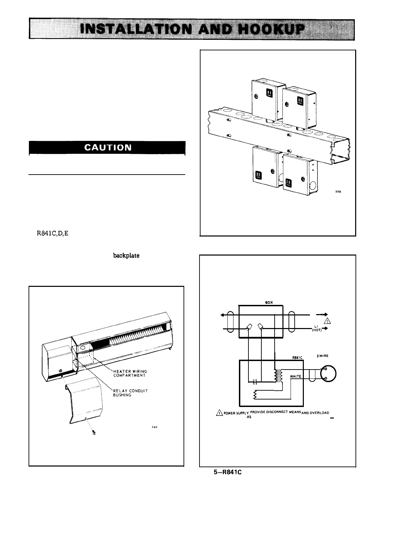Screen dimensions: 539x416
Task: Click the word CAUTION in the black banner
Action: pos(107,148)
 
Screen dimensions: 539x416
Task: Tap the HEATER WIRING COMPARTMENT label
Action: pos(130,373)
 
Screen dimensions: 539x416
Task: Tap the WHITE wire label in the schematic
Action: pos(296,376)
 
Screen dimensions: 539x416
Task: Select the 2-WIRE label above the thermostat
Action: pos(323,356)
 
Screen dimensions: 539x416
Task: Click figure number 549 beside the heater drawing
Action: pos(155,427)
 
